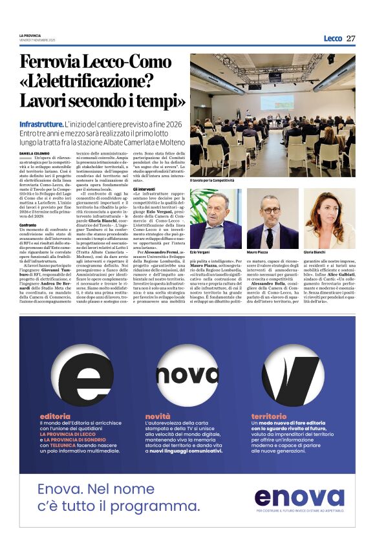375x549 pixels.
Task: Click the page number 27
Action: [x=350, y=38]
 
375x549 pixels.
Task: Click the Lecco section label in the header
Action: [x=333, y=38]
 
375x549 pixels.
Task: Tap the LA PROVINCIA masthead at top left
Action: [x=30, y=36]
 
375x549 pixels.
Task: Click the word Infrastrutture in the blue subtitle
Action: [x=41, y=123]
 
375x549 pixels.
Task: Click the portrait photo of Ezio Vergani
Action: [x=215, y=219]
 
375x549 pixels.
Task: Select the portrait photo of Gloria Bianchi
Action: [x=329, y=219]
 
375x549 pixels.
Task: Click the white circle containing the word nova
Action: [x=187, y=376]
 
